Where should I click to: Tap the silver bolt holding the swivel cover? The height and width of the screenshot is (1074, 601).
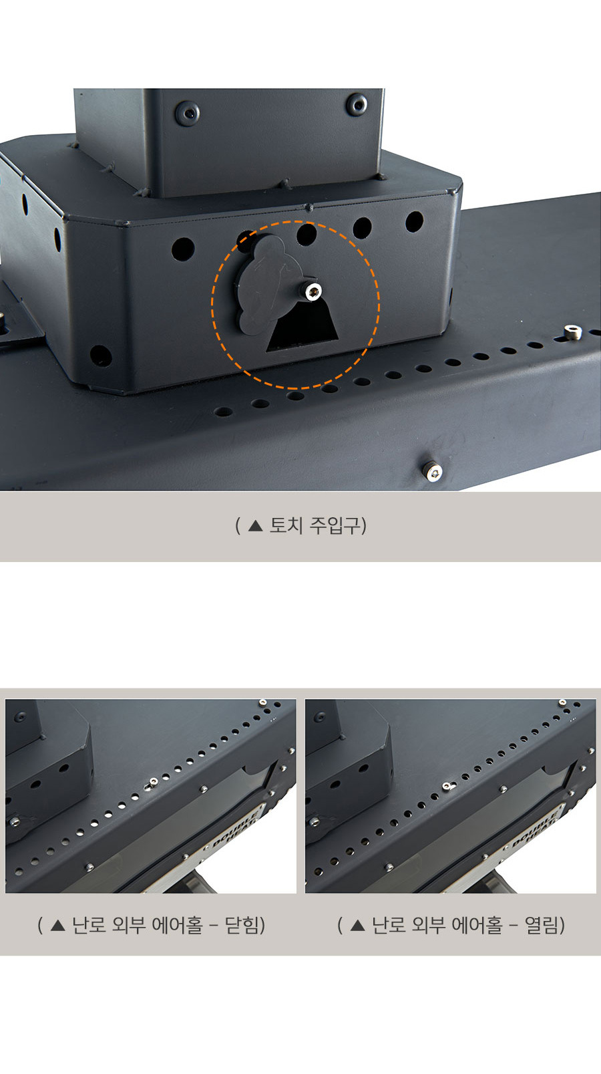tap(313, 291)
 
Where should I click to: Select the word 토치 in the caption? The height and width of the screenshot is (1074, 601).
tap(286, 525)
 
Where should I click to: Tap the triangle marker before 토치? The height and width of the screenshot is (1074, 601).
tap(256, 526)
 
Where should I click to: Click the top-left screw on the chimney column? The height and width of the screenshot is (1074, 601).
tap(187, 112)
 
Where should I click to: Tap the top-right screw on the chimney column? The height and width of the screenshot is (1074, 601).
tap(357, 104)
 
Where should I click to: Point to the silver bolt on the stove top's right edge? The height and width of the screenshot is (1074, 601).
tap(573, 331)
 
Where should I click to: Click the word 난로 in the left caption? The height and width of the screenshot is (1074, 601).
tap(89, 925)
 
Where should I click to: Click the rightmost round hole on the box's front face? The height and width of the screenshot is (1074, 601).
tap(414, 222)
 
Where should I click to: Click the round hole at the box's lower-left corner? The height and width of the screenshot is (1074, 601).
tap(101, 356)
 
